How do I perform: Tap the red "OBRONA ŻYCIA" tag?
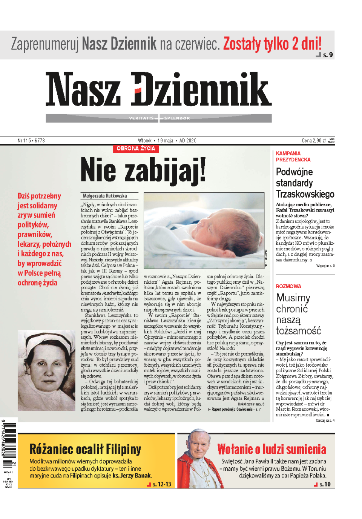tap(136, 149)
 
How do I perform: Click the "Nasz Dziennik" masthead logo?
tap(158, 90)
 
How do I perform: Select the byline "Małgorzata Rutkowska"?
tap(105, 196)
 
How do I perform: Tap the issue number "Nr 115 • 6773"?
tap(31, 141)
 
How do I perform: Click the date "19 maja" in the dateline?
tap(165, 141)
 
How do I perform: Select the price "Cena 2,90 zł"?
tap(314, 141)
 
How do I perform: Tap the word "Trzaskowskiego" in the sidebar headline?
tap(305, 194)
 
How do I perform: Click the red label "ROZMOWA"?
tap(288, 286)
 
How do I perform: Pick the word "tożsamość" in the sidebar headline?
tap(298, 331)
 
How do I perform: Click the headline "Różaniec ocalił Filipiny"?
tap(85, 449)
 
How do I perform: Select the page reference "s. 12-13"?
tap(162, 484)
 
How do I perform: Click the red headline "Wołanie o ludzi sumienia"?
tap(271, 449)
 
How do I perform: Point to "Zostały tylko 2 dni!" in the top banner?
tap(272, 44)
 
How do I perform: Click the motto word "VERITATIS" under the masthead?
tap(141, 118)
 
